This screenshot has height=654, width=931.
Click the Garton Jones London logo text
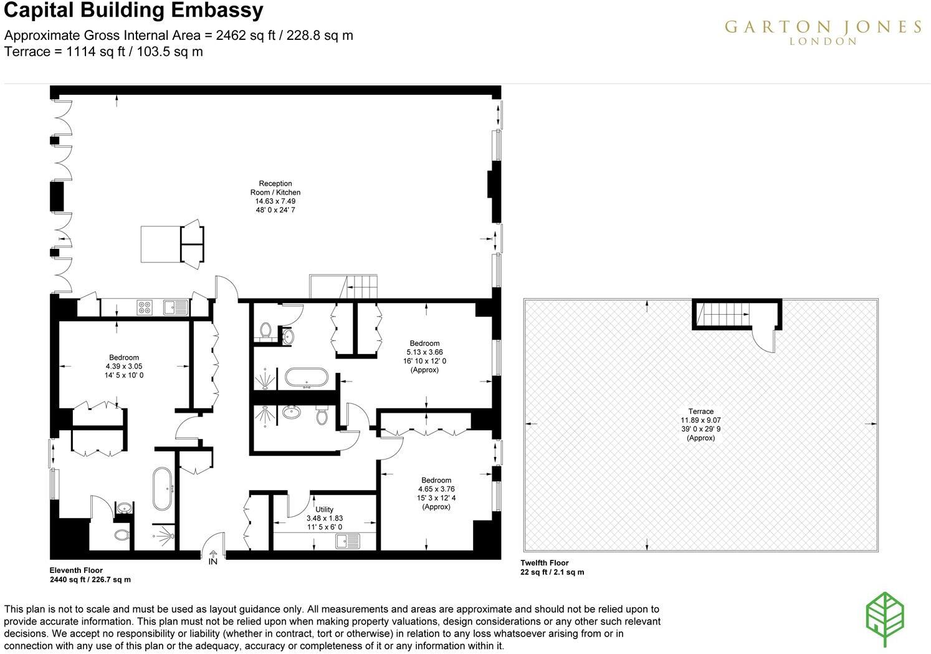point(823,31)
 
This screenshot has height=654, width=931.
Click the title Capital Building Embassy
point(133,11)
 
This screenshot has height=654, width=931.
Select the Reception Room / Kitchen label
point(275,196)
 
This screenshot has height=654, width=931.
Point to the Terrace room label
point(700,425)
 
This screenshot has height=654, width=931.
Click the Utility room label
point(324,518)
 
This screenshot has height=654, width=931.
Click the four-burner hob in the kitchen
point(145,307)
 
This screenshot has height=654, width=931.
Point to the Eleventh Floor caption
point(76,570)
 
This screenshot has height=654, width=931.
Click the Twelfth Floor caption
point(545,563)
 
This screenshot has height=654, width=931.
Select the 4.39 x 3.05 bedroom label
point(124,367)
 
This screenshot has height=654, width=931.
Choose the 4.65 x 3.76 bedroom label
point(436,493)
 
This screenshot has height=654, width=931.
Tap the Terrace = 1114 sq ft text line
point(103,52)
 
